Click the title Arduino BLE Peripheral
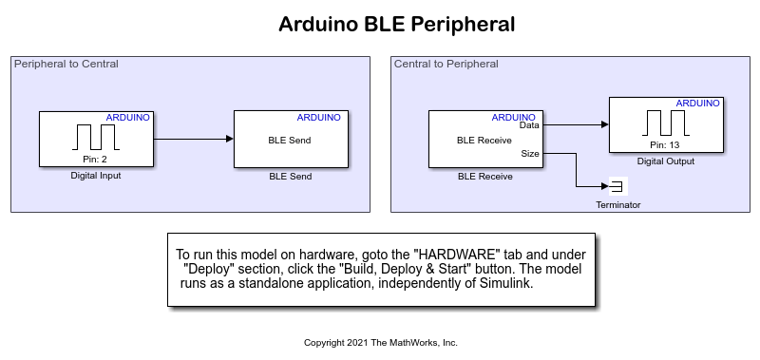[396, 25]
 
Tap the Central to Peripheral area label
[446, 64]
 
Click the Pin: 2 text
[96, 160]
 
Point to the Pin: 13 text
[665, 145]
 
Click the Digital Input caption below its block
[96, 176]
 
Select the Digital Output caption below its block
[665, 161]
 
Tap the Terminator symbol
[616, 185]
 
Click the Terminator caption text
[617, 204]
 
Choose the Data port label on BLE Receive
[530, 124]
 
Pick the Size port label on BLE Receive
[531, 152]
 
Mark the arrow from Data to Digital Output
[576, 123]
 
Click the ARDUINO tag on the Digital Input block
[127, 118]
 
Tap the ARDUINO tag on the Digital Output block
[697, 103]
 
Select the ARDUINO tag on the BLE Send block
[319, 118]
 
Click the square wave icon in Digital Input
[96, 137]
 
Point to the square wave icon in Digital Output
[665, 123]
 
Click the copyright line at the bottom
[380, 342]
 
